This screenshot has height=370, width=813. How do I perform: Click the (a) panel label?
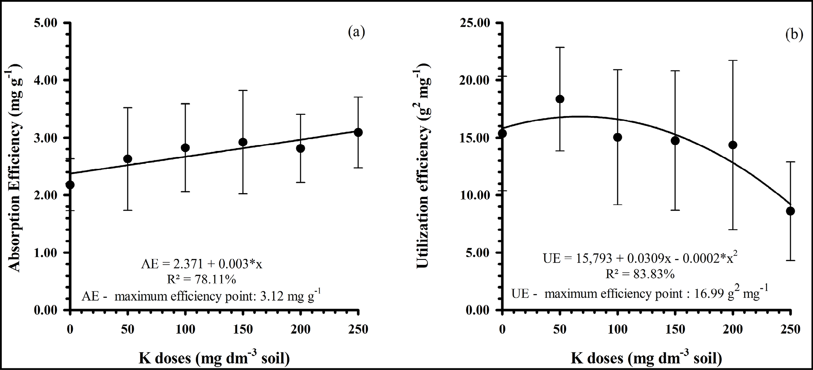coord(356,32)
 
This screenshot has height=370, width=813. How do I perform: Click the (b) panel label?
coord(794,34)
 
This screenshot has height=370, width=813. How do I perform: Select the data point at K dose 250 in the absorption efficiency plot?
coord(358,132)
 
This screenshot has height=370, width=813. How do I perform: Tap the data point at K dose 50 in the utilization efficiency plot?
coord(560,99)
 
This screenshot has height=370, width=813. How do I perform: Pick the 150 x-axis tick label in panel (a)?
coord(243,329)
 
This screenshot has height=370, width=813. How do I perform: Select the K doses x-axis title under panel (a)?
coord(214,359)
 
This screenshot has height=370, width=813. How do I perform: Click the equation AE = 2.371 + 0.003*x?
coord(202,264)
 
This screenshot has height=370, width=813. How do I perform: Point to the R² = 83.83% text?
coord(640,274)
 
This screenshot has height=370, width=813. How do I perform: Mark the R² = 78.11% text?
coord(202,279)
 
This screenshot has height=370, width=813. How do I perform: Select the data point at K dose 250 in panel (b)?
coord(790,211)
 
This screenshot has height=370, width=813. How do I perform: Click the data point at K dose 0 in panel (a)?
coord(70,185)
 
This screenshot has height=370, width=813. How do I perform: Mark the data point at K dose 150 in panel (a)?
coord(243,142)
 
